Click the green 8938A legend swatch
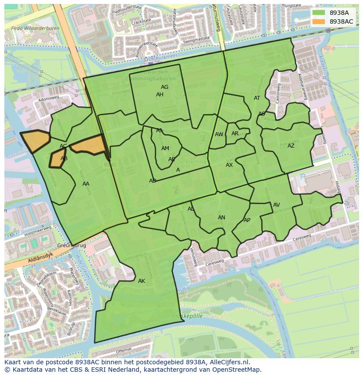[x=319, y=13]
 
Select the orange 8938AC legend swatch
[x=319, y=21]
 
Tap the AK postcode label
[x=141, y=281]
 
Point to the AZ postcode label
[x=291, y=146]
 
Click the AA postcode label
[x=86, y=184]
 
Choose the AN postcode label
[x=221, y=218]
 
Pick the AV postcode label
[x=276, y=205]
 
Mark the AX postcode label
[x=229, y=165]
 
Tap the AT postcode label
[x=257, y=98]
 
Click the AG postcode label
[x=164, y=87]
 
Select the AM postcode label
[x=165, y=148]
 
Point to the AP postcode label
[x=247, y=220]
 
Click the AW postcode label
[x=219, y=134]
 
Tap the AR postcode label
[x=235, y=134]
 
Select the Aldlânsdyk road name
[x=27, y=260]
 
